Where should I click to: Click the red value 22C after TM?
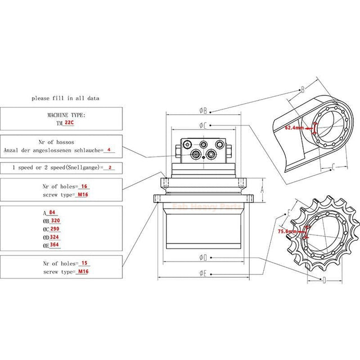point(69,122)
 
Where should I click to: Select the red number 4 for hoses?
point(109,150)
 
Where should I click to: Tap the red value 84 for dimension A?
point(52,213)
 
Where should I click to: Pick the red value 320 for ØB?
point(55,221)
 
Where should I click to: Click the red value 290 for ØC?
point(55,229)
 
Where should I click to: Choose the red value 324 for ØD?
point(55,237)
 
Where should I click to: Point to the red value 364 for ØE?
point(55,245)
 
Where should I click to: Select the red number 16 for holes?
point(84,186)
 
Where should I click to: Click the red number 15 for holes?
point(84,263)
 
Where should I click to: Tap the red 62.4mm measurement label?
point(294,128)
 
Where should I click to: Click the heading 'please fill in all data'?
point(66,98)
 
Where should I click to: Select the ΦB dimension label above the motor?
point(204,110)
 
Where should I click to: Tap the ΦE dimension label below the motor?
point(204,272)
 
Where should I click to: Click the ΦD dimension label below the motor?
point(204,257)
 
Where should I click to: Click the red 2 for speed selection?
point(110,168)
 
